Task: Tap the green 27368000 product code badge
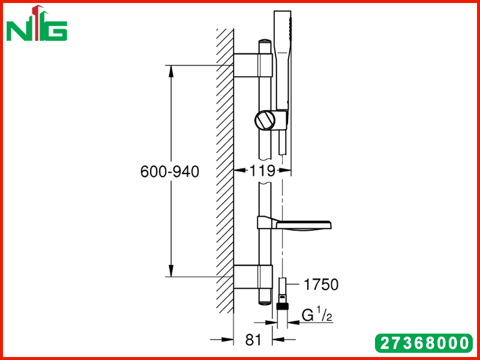click(424, 343)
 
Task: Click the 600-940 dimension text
click(170, 172)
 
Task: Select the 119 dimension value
click(263, 170)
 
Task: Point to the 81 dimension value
click(254, 340)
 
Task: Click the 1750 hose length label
click(321, 284)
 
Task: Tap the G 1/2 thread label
click(317, 316)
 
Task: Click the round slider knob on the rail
click(265, 121)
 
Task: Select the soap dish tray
click(294, 223)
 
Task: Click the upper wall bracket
click(253, 65)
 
